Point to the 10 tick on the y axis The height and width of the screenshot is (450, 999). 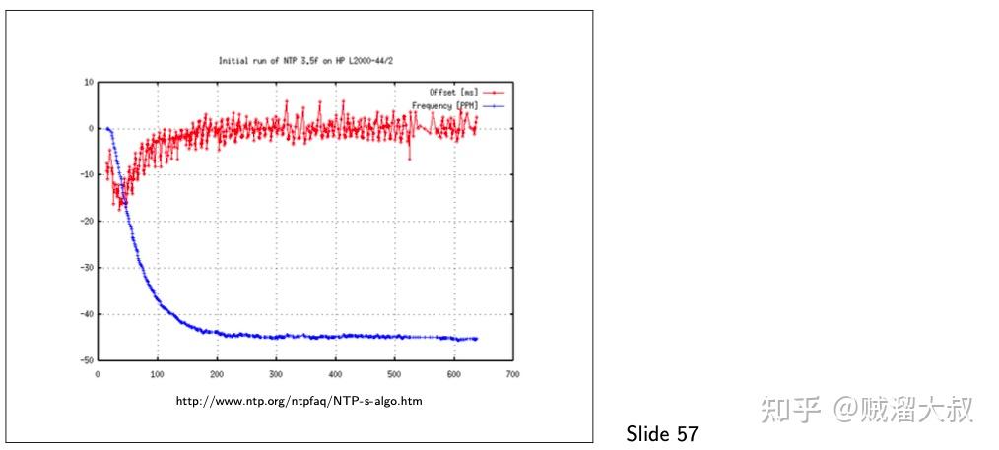tap(89, 83)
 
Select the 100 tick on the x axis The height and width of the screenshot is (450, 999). tap(157, 374)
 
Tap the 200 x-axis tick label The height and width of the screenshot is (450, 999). tap(216, 374)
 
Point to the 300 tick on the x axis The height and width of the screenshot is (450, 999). tap(276, 374)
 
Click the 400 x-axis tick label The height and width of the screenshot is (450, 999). tap(335, 374)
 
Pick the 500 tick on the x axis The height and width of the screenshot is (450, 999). tap(394, 374)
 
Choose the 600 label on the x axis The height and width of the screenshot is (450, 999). tap(453, 374)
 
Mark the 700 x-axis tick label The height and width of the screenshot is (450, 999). tap(512, 374)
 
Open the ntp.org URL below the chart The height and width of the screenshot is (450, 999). tap(300, 402)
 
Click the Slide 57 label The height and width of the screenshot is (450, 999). tap(661, 434)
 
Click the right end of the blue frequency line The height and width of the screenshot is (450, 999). tap(476, 339)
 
